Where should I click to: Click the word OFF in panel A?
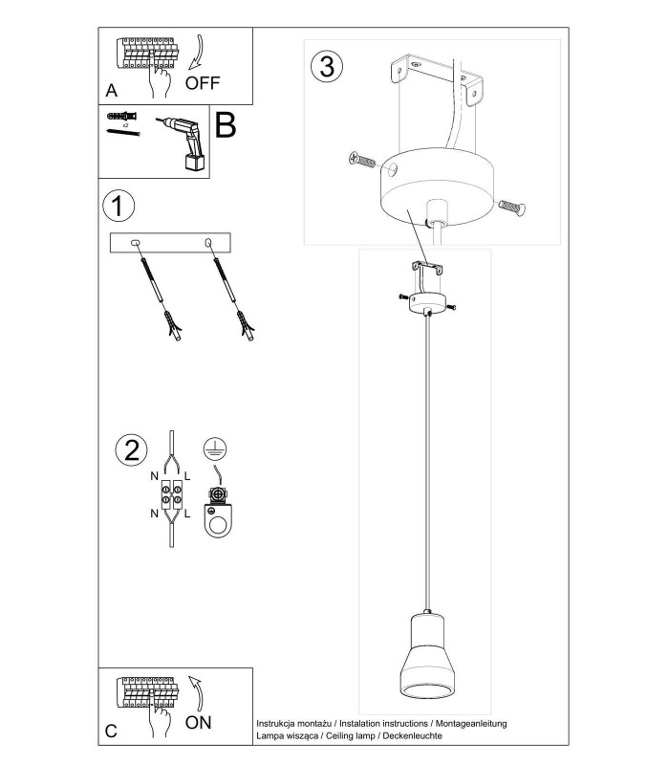(203, 83)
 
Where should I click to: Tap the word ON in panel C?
(199, 723)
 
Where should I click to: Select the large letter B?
(226, 125)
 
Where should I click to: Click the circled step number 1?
(119, 206)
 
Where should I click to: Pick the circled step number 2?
(132, 449)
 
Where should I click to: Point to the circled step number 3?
(327, 66)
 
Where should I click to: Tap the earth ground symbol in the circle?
(215, 448)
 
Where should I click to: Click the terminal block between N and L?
(172, 495)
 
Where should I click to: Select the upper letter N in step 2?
(155, 476)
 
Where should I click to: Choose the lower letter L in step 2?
(187, 514)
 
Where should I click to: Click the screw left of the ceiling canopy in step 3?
(362, 160)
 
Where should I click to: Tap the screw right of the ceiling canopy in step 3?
(511, 208)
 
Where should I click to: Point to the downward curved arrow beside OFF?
(197, 53)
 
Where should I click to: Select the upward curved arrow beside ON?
(197, 693)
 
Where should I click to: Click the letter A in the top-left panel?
(112, 91)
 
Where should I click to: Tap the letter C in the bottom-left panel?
(111, 731)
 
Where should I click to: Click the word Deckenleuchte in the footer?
(413, 735)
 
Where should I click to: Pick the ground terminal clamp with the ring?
(218, 513)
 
